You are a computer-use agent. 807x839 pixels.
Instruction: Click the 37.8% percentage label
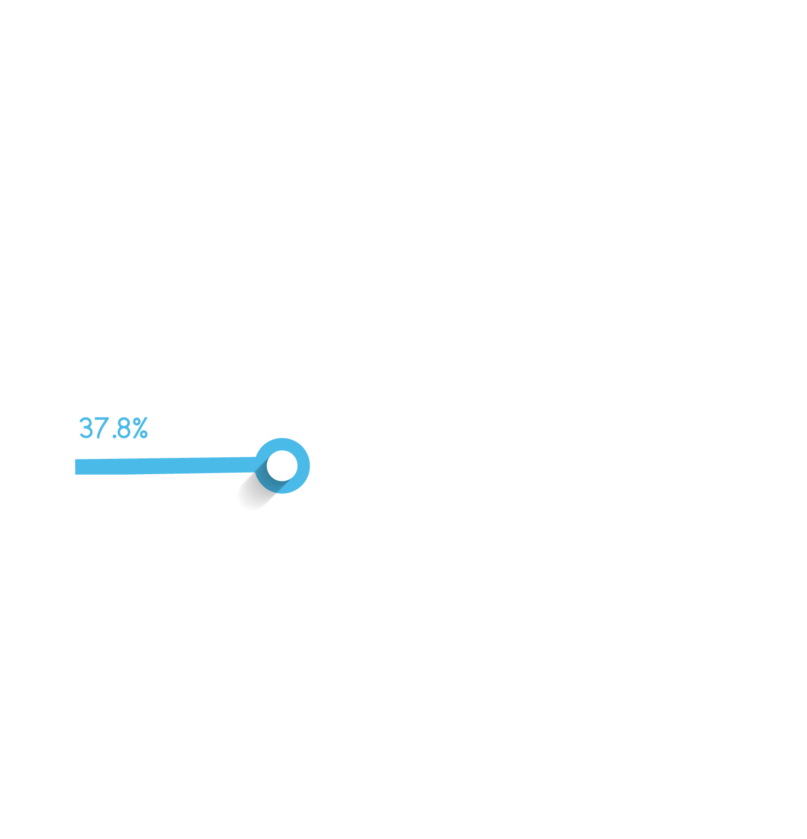coord(113,428)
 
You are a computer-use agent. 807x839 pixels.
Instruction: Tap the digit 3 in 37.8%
coord(86,428)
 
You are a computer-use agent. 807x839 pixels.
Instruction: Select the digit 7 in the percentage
coord(102,428)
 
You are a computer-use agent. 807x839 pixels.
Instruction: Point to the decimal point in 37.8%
coord(115,436)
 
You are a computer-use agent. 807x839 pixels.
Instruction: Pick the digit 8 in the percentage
coord(125,428)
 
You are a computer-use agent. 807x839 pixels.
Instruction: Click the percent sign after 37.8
coord(140,428)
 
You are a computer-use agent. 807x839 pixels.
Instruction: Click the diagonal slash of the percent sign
coord(140,428)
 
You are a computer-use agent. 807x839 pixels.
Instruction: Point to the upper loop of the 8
coord(125,423)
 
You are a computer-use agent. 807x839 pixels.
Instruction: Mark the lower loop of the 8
coord(125,434)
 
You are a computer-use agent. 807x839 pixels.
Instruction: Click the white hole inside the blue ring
coord(282,465)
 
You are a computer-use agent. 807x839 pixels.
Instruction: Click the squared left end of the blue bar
coord(77,467)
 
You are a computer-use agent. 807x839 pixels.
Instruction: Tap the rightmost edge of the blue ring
coord(309,466)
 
